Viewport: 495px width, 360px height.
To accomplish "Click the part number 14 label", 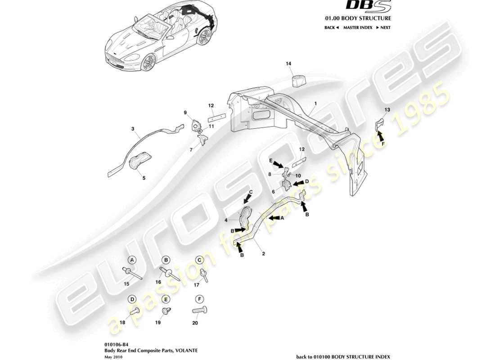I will click(x=288, y=64).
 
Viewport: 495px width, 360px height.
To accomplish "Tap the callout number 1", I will click(x=315, y=103).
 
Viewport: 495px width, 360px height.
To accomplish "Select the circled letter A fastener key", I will click(x=132, y=260).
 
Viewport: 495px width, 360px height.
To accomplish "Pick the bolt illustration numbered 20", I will click(x=200, y=310).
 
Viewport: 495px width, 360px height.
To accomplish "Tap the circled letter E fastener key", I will click(x=166, y=299).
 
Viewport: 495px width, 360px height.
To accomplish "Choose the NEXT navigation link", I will click(x=382, y=27).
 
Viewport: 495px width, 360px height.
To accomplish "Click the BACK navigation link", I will click(x=331, y=27).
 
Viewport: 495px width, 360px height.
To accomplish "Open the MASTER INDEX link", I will click(x=358, y=27).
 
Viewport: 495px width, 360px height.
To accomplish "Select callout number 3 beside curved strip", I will click(x=133, y=129).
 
